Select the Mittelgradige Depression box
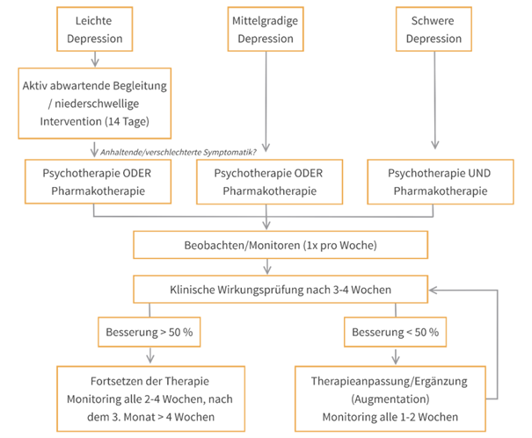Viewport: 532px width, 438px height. pos(267,29)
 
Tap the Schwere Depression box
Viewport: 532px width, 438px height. pos(434,29)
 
